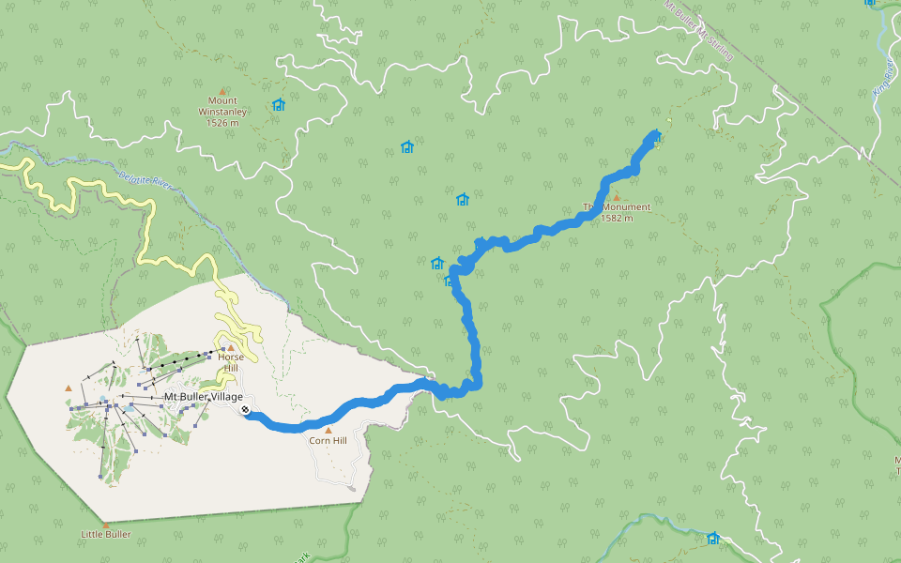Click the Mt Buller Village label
(203, 397)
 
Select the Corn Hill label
(328, 441)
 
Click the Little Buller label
(105, 535)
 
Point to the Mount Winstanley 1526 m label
(222, 112)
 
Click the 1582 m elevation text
(617, 219)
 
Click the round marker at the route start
(245, 409)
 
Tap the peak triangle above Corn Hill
(328, 430)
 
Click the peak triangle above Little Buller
(106, 525)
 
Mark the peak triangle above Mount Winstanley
(222, 90)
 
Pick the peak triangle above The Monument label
(617, 197)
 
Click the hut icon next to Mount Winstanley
(278, 105)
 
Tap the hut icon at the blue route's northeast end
(656, 137)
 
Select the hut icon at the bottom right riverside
(713, 538)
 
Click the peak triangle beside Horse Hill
(231, 347)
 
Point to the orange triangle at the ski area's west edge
(68, 388)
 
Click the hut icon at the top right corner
(870, 3)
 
